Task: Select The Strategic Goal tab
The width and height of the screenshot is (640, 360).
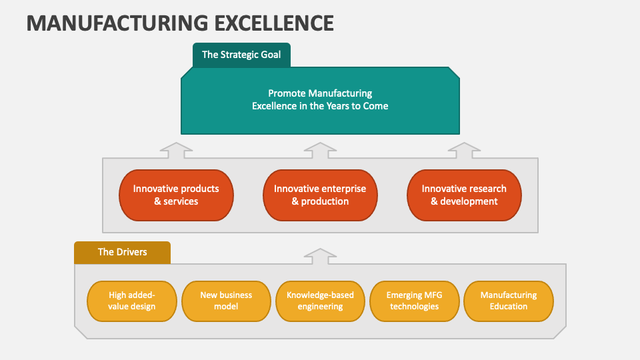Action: tap(241, 55)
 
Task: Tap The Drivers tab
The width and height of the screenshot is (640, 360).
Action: tap(122, 252)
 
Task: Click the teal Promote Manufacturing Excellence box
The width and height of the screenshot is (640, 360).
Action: tap(320, 100)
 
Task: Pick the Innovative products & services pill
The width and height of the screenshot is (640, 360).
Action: tap(176, 195)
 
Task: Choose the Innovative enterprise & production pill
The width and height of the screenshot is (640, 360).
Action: tap(320, 195)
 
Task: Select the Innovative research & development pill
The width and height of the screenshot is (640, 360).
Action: tap(464, 195)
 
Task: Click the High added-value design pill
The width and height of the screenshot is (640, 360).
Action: tap(132, 301)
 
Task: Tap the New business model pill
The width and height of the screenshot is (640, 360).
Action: tap(226, 301)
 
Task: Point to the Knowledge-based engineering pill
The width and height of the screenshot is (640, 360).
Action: tap(320, 301)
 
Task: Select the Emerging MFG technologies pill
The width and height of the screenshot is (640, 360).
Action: tap(414, 301)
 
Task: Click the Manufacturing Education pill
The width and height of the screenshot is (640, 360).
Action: tap(508, 301)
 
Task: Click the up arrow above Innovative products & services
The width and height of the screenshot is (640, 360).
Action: tap(176, 150)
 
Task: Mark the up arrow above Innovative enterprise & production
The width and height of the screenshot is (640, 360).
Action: tap(320, 150)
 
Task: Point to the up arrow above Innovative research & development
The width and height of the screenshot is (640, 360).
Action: tap(463, 150)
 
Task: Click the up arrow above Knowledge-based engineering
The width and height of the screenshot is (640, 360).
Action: tap(320, 256)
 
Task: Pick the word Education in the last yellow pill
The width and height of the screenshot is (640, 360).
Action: tap(508, 307)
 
